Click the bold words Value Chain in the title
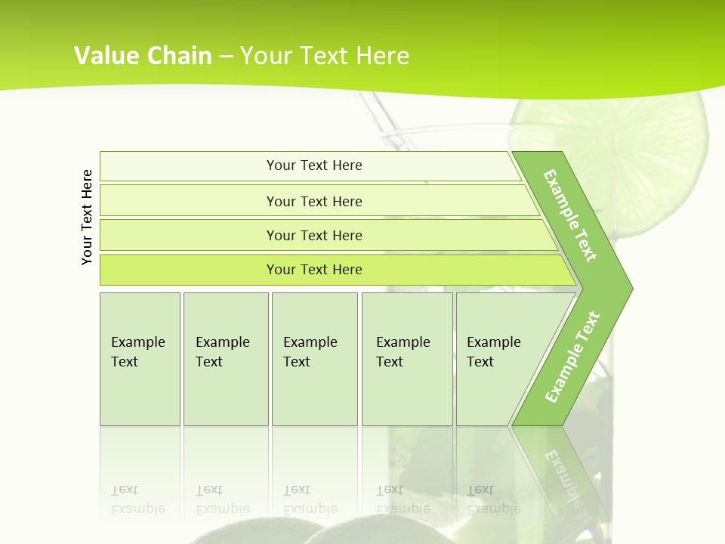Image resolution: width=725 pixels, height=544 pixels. (143, 56)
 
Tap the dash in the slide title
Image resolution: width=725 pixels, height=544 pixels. (226, 56)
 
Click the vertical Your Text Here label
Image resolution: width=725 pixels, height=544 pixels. (87, 217)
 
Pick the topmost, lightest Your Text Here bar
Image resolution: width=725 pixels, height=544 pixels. (313, 165)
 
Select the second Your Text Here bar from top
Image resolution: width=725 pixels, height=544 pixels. (313, 201)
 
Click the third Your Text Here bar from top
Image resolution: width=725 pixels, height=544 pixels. (313, 235)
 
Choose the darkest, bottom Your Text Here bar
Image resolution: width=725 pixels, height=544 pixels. (313, 270)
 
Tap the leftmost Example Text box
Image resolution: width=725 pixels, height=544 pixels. (140, 359)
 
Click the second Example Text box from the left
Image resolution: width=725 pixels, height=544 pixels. (225, 359)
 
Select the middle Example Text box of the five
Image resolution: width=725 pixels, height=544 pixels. (314, 359)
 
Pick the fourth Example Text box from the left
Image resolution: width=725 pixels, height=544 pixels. (406, 359)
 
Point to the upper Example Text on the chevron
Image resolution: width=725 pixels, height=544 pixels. (570, 215)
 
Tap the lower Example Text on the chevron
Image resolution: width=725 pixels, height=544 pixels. (572, 357)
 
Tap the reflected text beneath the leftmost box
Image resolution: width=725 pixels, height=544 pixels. (137, 499)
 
